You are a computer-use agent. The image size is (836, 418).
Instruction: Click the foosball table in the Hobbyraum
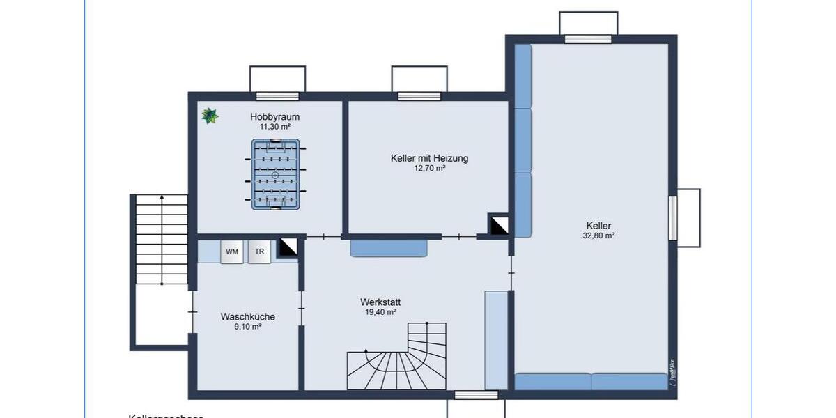pyautogui.click(x=275, y=175)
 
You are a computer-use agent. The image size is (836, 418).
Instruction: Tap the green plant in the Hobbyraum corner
pyautogui.click(x=210, y=116)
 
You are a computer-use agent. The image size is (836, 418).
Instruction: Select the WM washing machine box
pyautogui.click(x=231, y=252)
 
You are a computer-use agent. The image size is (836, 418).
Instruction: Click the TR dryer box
pyautogui.click(x=259, y=252)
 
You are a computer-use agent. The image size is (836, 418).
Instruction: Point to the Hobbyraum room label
pyautogui.click(x=274, y=117)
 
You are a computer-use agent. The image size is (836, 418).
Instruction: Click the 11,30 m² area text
pyautogui.click(x=274, y=127)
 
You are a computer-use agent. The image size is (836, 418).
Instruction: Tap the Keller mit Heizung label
pyautogui.click(x=429, y=158)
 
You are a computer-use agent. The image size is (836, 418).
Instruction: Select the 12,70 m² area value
pyautogui.click(x=429, y=169)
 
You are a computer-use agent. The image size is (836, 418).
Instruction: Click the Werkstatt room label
pyautogui.click(x=380, y=302)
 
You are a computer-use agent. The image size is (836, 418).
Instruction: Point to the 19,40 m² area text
pyautogui.click(x=380, y=313)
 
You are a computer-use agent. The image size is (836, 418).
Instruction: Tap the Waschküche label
pyautogui.click(x=247, y=316)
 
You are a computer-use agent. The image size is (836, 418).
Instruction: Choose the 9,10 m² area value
pyautogui.click(x=247, y=327)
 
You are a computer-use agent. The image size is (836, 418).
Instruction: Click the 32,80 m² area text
pyautogui.click(x=598, y=236)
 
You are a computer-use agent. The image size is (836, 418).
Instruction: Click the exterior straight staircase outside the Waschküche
pyautogui.click(x=162, y=240)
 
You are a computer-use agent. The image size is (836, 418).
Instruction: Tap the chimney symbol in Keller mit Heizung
pyautogui.click(x=499, y=224)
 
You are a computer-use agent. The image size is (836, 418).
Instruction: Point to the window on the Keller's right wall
pyautogui.click(x=673, y=218)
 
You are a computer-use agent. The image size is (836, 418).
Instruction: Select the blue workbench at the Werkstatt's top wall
pyautogui.click(x=388, y=248)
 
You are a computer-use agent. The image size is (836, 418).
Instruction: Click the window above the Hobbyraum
pyautogui.click(x=277, y=96)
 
